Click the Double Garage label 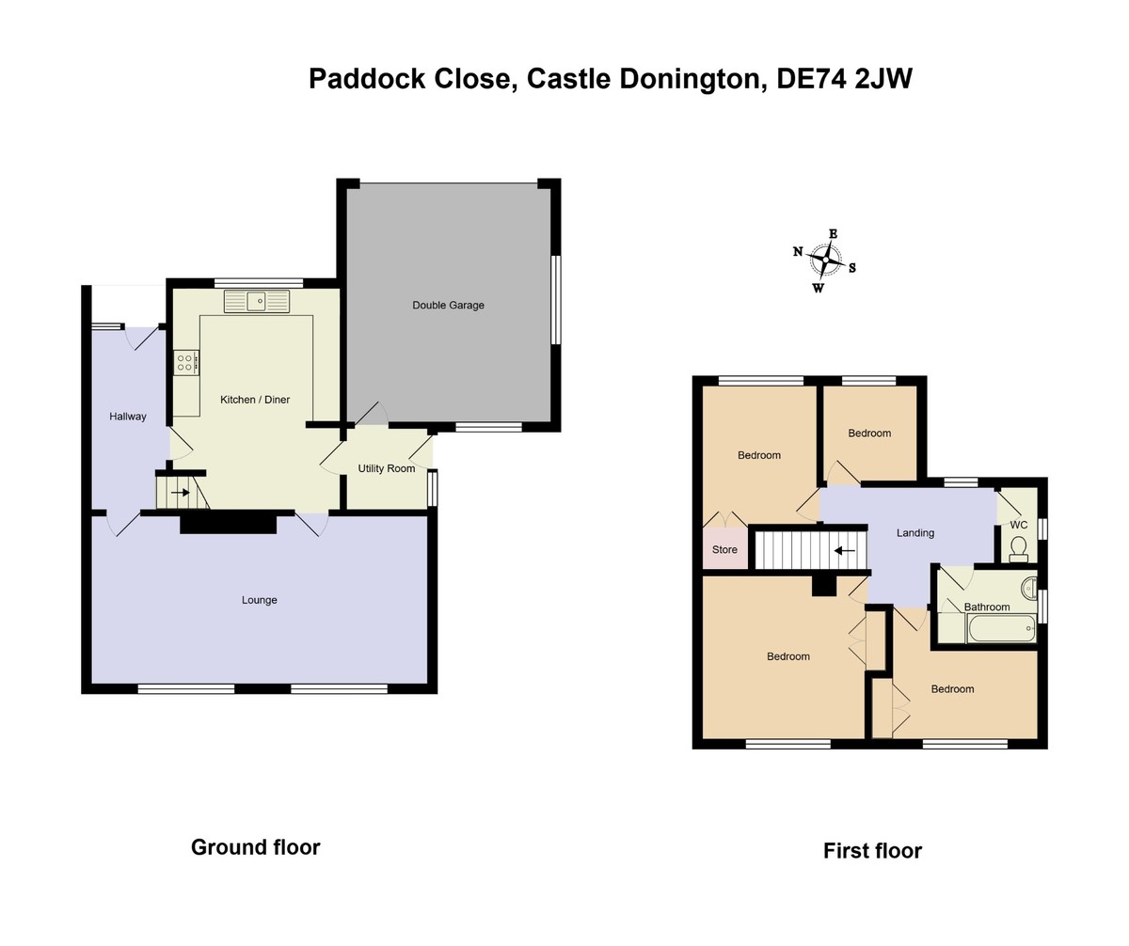click(448, 306)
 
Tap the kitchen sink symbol click(257, 301)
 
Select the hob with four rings click(185, 362)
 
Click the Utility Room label click(386, 468)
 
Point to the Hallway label click(128, 417)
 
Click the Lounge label click(260, 600)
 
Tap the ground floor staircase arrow click(180, 492)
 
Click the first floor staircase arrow click(845, 551)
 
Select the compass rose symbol click(826, 258)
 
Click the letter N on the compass click(798, 251)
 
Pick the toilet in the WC click(1018, 548)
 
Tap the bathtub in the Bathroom click(1001, 628)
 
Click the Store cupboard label click(724, 550)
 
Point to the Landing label click(915, 533)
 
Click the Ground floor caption click(256, 847)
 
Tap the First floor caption click(872, 851)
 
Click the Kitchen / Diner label click(255, 400)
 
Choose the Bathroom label click(987, 607)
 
